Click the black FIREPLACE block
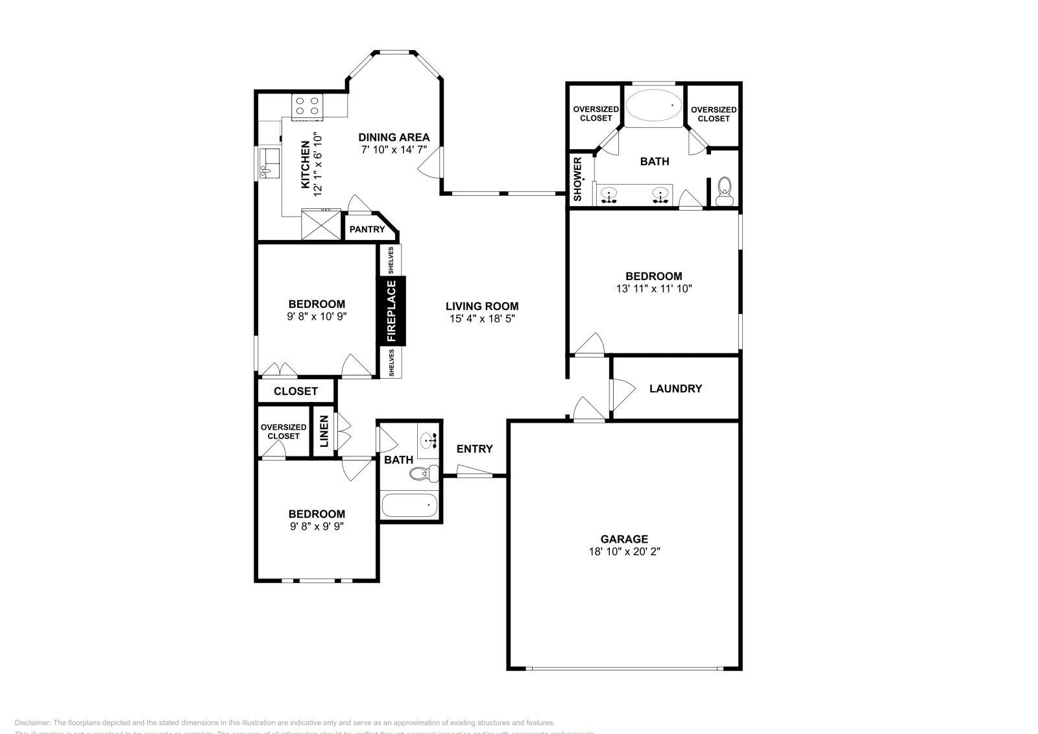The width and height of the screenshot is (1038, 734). (x=392, y=311)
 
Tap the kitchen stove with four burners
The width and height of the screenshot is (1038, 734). (x=307, y=107)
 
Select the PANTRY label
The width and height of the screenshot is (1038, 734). (x=367, y=230)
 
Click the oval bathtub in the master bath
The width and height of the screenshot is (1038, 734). (x=654, y=106)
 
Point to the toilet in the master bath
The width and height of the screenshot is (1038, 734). (x=725, y=189)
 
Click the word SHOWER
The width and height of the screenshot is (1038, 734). (x=578, y=178)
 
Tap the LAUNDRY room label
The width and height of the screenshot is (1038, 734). (x=675, y=388)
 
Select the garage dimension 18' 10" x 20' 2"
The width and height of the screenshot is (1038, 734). (x=623, y=552)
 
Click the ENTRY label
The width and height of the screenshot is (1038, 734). (x=474, y=449)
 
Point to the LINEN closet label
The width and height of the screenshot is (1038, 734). (x=324, y=432)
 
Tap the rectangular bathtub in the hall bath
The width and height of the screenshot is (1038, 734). (x=409, y=505)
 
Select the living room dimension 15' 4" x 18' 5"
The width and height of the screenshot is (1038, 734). (x=482, y=319)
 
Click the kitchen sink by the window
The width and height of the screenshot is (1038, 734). (x=269, y=163)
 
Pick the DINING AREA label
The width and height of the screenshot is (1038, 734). (x=394, y=137)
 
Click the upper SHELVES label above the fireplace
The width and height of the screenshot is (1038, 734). (x=391, y=260)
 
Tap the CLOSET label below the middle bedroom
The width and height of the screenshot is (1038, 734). (x=295, y=391)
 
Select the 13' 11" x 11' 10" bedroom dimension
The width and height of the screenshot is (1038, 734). (x=653, y=289)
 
